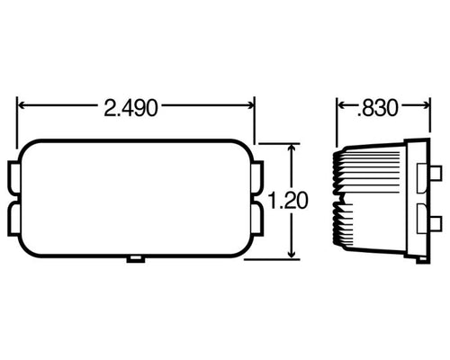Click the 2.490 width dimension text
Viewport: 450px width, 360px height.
131,108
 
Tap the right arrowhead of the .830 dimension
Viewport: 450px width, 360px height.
425,108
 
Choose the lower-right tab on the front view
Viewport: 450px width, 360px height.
257,221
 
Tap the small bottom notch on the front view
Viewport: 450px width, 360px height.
136,259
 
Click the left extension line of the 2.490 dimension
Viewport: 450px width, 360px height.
18,121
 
